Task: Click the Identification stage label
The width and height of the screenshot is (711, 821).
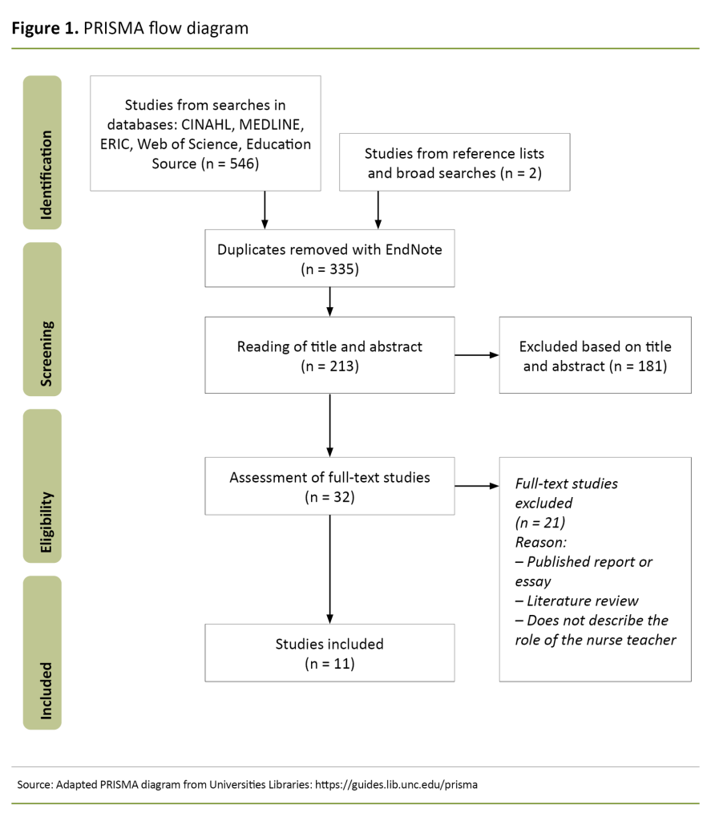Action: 42,152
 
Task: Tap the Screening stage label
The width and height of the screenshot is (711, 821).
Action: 42,319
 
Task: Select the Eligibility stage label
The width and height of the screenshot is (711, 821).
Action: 42,486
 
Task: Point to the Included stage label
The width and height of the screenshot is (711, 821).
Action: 42,653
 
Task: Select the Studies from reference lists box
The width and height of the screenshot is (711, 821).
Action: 454,162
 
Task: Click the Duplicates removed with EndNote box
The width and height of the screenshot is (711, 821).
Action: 329,257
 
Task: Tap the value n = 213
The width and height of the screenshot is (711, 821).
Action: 329,366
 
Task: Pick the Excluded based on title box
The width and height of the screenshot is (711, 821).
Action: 595,355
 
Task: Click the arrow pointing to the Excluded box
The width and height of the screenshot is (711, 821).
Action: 477,354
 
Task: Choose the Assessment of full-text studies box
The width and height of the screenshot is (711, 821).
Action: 329,486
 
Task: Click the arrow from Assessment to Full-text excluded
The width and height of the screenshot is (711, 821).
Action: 477,486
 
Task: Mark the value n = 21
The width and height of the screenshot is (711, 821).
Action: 541,523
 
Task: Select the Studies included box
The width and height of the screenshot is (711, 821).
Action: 329,653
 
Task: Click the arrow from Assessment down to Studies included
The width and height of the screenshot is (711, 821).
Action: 329,569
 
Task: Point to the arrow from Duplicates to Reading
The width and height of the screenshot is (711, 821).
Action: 329,301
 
